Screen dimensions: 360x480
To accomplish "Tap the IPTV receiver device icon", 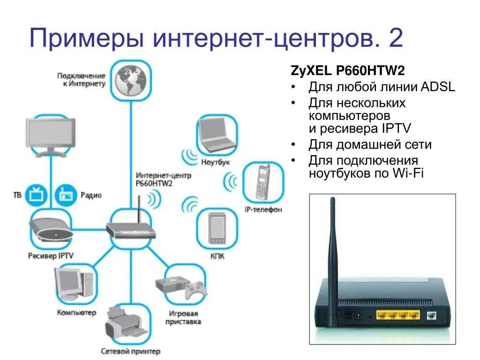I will [51, 229].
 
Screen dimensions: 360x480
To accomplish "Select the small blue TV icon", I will [34, 195].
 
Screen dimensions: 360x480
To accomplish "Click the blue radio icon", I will [65, 195].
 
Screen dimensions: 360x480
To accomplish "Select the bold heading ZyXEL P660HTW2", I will [347, 71].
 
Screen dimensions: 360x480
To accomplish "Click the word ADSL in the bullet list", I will [438, 87].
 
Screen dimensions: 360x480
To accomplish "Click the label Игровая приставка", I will [182, 318].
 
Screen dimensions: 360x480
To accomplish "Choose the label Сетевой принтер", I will [130, 351].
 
